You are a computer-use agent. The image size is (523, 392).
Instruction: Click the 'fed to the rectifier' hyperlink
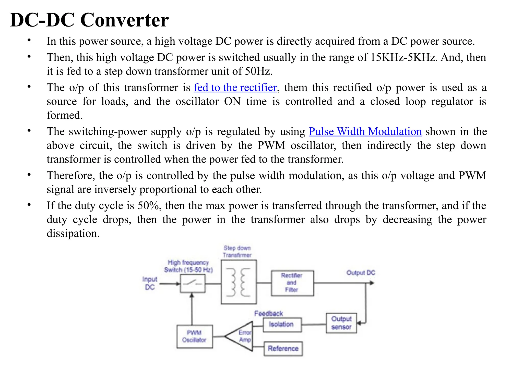click(235, 88)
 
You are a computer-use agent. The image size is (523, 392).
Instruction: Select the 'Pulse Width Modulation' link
click(365, 132)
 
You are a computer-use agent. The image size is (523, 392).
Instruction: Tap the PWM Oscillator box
click(195, 336)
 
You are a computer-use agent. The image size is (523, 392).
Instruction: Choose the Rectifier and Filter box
click(292, 283)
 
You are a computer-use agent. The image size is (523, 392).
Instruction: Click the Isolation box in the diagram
click(282, 324)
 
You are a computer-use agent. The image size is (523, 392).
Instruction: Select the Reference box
click(283, 348)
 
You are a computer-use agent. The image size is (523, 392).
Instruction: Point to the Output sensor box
click(341, 323)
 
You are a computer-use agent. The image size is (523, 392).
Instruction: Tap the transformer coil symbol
click(239, 282)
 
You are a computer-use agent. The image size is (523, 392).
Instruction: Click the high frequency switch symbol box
click(193, 283)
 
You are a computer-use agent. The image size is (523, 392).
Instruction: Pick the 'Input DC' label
click(150, 283)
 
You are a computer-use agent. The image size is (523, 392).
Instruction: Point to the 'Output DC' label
click(361, 273)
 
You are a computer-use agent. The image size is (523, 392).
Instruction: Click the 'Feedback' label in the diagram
click(268, 313)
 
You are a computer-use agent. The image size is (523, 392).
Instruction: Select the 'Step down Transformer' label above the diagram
click(237, 251)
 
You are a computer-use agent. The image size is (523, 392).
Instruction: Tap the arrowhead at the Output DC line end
click(372, 283)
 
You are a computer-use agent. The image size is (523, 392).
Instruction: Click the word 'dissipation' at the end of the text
click(73, 234)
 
